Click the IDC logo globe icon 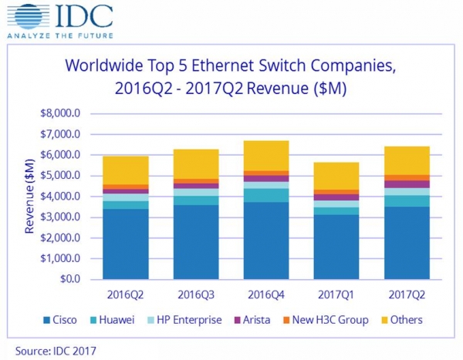click(28, 16)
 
